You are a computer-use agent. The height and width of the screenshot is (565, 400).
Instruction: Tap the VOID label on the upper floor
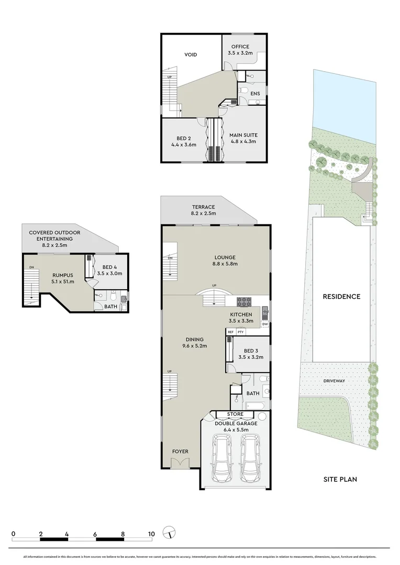click(x=191, y=54)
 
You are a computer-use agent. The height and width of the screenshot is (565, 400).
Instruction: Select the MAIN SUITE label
click(x=243, y=135)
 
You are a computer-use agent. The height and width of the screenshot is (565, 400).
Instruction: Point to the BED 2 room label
click(x=183, y=139)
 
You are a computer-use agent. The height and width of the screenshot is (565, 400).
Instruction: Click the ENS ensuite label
click(x=255, y=94)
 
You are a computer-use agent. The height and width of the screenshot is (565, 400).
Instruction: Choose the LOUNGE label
click(x=226, y=257)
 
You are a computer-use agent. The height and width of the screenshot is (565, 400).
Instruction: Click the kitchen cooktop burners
click(x=245, y=301)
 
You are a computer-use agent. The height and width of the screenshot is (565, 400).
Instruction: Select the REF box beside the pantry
click(x=230, y=332)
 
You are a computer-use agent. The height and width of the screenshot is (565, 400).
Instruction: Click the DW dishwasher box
click(x=265, y=324)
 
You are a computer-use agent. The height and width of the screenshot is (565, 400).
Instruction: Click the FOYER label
click(x=180, y=451)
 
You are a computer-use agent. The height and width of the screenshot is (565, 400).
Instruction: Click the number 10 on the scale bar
click(x=151, y=534)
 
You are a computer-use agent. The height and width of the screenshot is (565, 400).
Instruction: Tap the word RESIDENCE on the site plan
click(x=341, y=297)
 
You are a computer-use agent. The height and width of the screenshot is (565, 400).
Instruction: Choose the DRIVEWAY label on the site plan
click(x=333, y=381)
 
